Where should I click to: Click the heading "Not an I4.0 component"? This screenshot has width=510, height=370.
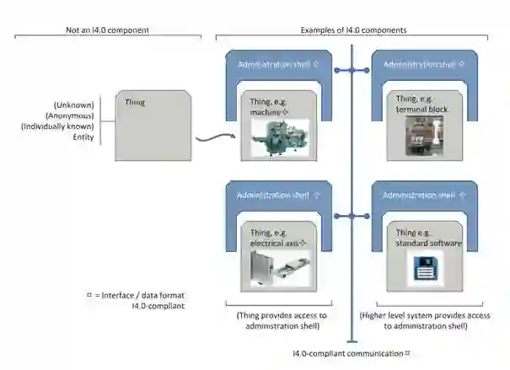coord(107,30)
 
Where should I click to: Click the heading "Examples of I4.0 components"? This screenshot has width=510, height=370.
coord(353,30)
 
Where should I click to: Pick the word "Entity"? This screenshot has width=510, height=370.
coord(83,137)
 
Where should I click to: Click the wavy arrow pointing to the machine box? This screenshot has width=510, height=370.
coord(212,137)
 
